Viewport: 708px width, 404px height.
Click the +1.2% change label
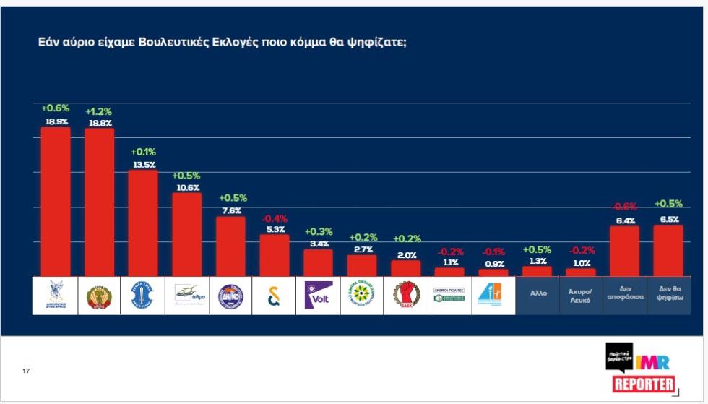pyautogui.click(x=99, y=112)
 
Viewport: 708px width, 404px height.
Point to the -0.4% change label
pyautogui.click(x=274, y=218)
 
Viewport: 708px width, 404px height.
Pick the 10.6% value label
pyautogui.click(x=186, y=188)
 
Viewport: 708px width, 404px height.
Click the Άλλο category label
pyautogui.click(x=537, y=295)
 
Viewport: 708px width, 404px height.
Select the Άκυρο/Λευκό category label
pyautogui.click(x=581, y=295)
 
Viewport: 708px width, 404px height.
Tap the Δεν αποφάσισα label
pyautogui.click(x=624, y=295)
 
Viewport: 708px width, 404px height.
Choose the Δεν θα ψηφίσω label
pyautogui.click(x=668, y=295)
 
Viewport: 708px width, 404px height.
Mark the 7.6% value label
pyautogui.click(x=230, y=211)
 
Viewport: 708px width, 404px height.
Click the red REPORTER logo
pyautogui.click(x=644, y=384)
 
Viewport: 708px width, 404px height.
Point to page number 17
pyautogui.click(x=26, y=371)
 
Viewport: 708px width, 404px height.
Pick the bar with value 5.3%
pyautogui.click(x=274, y=255)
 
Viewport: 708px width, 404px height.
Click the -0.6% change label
pyautogui.click(x=624, y=207)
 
